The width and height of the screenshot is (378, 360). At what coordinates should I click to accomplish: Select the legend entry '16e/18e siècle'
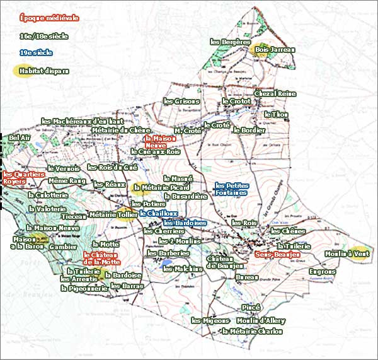coord(43,36)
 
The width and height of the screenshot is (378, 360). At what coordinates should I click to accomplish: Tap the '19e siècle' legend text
coord(35,53)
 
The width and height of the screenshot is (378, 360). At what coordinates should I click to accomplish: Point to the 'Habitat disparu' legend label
coord(43,71)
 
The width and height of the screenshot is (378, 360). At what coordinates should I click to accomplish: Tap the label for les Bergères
coord(231,42)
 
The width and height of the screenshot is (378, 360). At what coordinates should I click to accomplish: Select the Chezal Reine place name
coord(275,93)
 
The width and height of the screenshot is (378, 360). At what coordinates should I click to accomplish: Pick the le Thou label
coord(275,114)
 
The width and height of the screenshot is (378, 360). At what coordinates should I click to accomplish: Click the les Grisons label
coord(181,101)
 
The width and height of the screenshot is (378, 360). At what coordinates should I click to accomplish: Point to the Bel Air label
coord(20,137)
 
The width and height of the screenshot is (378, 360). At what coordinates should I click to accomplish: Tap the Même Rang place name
coord(66,181)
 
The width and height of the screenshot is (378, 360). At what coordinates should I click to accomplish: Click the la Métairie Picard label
coord(161,187)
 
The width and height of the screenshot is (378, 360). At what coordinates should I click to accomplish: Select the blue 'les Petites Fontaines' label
coord(231,189)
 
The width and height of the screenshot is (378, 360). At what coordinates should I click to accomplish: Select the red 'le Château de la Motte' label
coord(101,258)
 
